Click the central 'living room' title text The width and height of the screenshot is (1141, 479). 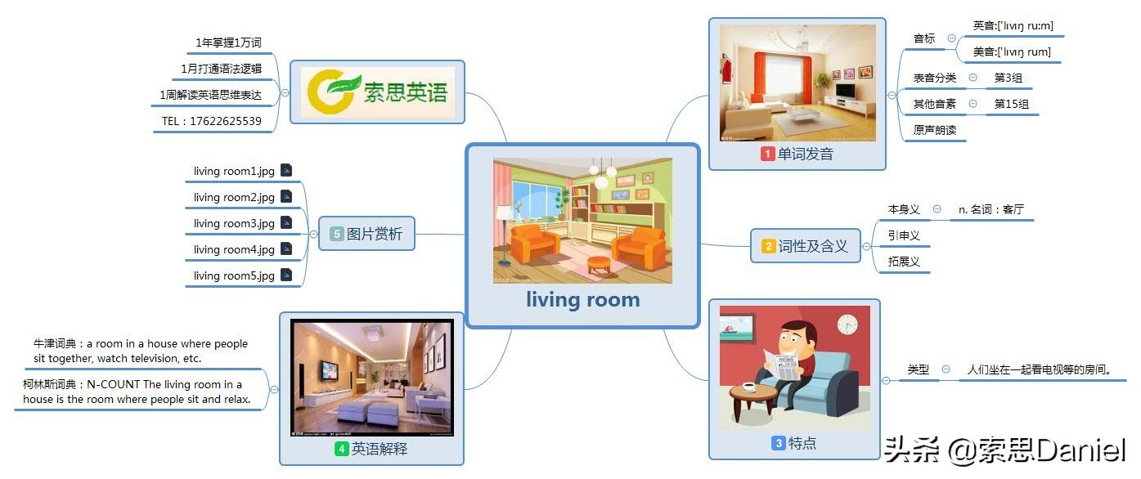click(x=582, y=300)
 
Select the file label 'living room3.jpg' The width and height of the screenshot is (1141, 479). click(x=234, y=223)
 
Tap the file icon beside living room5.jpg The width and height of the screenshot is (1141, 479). click(x=287, y=275)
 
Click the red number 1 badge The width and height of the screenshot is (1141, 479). click(x=768, y=154)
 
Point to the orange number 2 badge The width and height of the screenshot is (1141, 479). click(x=768, y=246)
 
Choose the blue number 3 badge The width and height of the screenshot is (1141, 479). click(x=779, y=443)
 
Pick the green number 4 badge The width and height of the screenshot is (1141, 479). click(x=341, y=449)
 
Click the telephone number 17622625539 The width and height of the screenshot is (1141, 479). click(x=226, y=121)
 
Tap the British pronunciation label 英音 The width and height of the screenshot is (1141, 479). click(x=984, y=25)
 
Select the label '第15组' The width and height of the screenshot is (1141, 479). click(x=1012, y=105)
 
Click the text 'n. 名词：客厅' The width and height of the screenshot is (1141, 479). click(x=991, y=210)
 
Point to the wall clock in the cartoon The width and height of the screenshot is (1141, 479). click(x=847, y=325)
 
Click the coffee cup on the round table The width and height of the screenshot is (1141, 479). click(x=748, y=387)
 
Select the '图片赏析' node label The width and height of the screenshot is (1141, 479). click(x=375, y=234)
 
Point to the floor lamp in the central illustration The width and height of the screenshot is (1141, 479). click(x=505, y=235)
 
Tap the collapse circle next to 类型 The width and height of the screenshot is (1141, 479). click(x=946, y=369)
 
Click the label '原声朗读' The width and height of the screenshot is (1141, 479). click(x=934, y=130)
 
